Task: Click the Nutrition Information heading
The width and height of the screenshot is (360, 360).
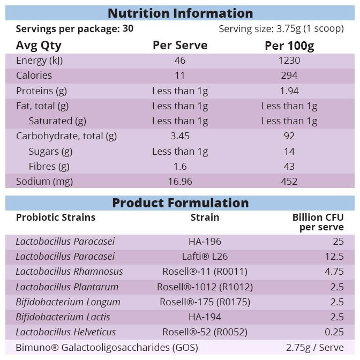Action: [180, 13]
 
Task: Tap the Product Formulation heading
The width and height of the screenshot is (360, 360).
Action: [180, 203]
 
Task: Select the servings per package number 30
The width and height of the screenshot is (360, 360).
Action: [128, 29]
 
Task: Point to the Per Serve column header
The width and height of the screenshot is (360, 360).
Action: [180, 46]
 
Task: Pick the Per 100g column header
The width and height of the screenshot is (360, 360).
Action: [289, 46]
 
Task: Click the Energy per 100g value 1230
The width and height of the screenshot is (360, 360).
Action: [289, 61]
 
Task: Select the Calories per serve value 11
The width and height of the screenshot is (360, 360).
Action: [180, 76]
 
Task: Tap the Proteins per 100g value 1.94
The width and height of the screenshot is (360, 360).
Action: [289, 91]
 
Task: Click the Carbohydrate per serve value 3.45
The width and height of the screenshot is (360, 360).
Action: [180, 136]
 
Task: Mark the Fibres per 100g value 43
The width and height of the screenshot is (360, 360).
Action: [289, 166]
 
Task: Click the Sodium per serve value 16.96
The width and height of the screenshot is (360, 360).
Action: [180, 181]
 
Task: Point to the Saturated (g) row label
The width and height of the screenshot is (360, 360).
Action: [57, 121]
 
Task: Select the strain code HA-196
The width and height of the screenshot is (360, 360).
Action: [205, 242]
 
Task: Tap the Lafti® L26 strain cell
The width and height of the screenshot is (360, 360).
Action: [205, 257]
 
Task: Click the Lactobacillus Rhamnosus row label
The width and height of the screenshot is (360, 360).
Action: [69, 272]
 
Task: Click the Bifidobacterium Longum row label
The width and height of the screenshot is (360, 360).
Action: [68, 302]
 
